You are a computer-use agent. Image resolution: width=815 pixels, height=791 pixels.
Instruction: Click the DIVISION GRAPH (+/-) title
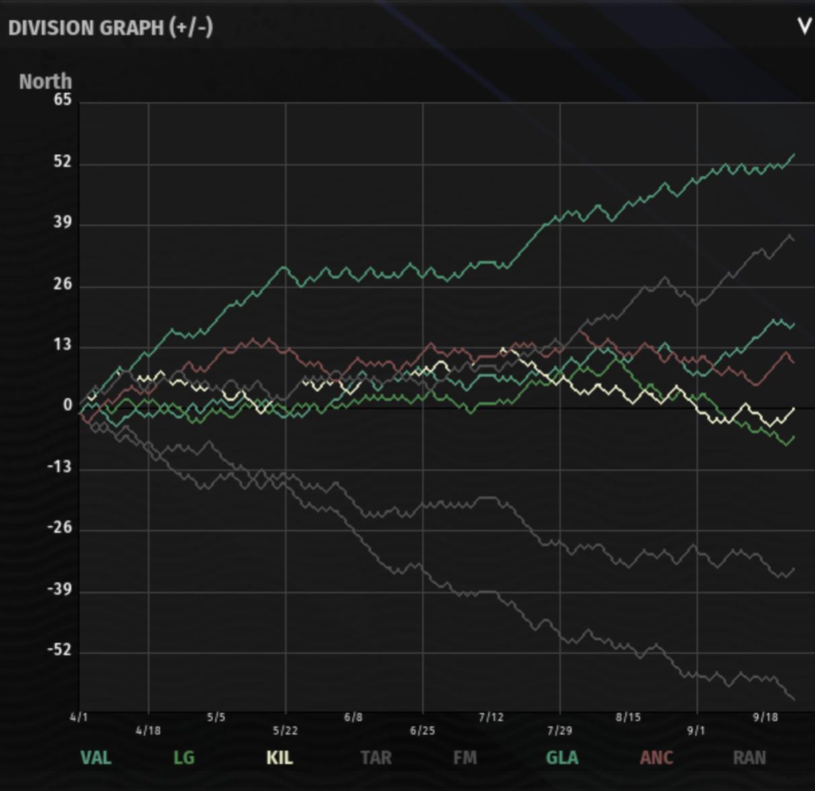point(110,28)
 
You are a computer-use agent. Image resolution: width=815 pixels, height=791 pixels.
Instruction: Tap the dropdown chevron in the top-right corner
point(804,27)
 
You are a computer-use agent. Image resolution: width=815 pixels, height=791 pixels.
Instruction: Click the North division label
point(45,81)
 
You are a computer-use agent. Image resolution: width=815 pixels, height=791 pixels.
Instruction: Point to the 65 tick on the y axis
point(63,100)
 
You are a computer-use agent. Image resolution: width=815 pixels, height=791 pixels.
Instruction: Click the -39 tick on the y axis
point(59,589)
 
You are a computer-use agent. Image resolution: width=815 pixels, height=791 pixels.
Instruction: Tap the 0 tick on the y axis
point(67,405)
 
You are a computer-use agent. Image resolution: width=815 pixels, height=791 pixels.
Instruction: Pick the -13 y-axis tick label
point(59,467)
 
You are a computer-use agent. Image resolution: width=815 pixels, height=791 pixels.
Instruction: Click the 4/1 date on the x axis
point(79,717)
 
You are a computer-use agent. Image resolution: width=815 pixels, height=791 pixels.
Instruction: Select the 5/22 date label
point(285,730)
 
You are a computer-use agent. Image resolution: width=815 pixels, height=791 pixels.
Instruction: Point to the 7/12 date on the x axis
point(491,717)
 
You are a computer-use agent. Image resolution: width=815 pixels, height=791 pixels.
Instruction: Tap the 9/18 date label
point(765,717)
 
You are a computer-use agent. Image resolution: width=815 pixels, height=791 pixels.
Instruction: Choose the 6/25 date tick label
point(423,730)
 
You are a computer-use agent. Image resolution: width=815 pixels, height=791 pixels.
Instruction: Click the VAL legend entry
point(96,758)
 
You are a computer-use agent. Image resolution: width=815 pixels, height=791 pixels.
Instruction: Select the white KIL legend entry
point(279,758)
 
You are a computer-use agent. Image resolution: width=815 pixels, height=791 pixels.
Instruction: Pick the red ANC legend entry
point(656,758)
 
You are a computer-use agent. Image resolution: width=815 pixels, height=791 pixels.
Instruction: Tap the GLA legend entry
point(562,758)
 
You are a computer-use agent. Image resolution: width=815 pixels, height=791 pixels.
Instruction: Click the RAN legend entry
point(749,758)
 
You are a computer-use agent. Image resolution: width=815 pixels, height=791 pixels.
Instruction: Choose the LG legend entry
point(184,758)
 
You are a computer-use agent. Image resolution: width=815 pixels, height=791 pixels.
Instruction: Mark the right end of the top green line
point(794,155)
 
